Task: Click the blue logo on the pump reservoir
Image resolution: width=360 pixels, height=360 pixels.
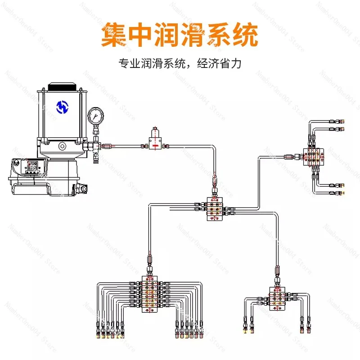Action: [x=63, y=107]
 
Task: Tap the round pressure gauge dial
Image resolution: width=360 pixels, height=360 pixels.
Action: [x=95, y=116]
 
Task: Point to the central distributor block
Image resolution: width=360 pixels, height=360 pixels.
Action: [x=215, y=209]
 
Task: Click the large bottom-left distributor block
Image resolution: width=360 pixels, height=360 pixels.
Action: [x=150, y=294]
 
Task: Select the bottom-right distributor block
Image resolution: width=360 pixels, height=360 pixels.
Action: [x=277, y=298]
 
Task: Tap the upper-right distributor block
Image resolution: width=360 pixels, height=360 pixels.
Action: [x=313, y=157]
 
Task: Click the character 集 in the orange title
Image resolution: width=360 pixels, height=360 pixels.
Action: [x=113, y=35]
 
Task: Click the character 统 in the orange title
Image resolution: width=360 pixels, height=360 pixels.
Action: [x=246, y=35]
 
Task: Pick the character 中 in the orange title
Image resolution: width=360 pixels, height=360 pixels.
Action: [x=140, y=35]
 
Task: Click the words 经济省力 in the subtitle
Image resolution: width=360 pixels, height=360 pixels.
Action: [x=219, y=63]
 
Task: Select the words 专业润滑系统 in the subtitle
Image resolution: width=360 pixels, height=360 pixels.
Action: [x=152, y=63]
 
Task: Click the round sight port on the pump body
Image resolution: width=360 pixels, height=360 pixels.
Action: [x=62, y=146]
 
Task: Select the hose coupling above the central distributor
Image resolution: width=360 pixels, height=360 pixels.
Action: [x=215, y=181]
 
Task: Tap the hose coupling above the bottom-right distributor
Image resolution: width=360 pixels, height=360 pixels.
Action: [x=277, y=271]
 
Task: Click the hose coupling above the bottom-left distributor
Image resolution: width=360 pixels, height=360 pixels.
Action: [x=150, y=260]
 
